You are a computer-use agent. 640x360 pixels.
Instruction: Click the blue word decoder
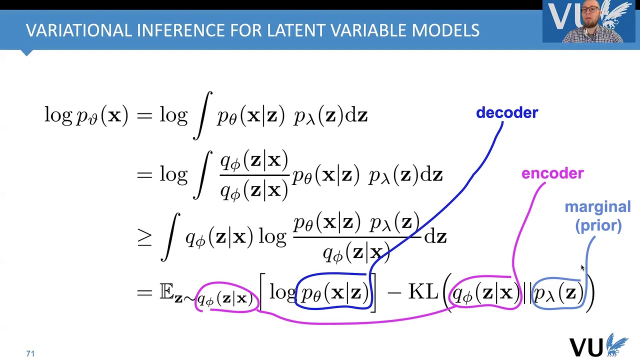(507, 113)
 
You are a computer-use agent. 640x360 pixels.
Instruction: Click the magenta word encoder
(552, 173)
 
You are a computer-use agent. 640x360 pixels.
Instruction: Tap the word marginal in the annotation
(597, 207)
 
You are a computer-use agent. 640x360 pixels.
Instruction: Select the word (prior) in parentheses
(598, 225)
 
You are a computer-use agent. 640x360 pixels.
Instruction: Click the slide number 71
(30, 353)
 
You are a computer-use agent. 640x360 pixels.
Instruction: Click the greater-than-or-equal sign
(144, 237)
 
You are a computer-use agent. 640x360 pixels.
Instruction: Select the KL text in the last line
(423, 292)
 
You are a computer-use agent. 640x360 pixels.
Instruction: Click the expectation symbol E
(166, 291)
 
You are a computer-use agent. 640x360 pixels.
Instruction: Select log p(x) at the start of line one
(86, 115)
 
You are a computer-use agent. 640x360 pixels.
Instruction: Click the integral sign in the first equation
(202, 115)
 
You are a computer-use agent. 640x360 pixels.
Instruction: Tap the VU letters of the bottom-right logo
(586, 346)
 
